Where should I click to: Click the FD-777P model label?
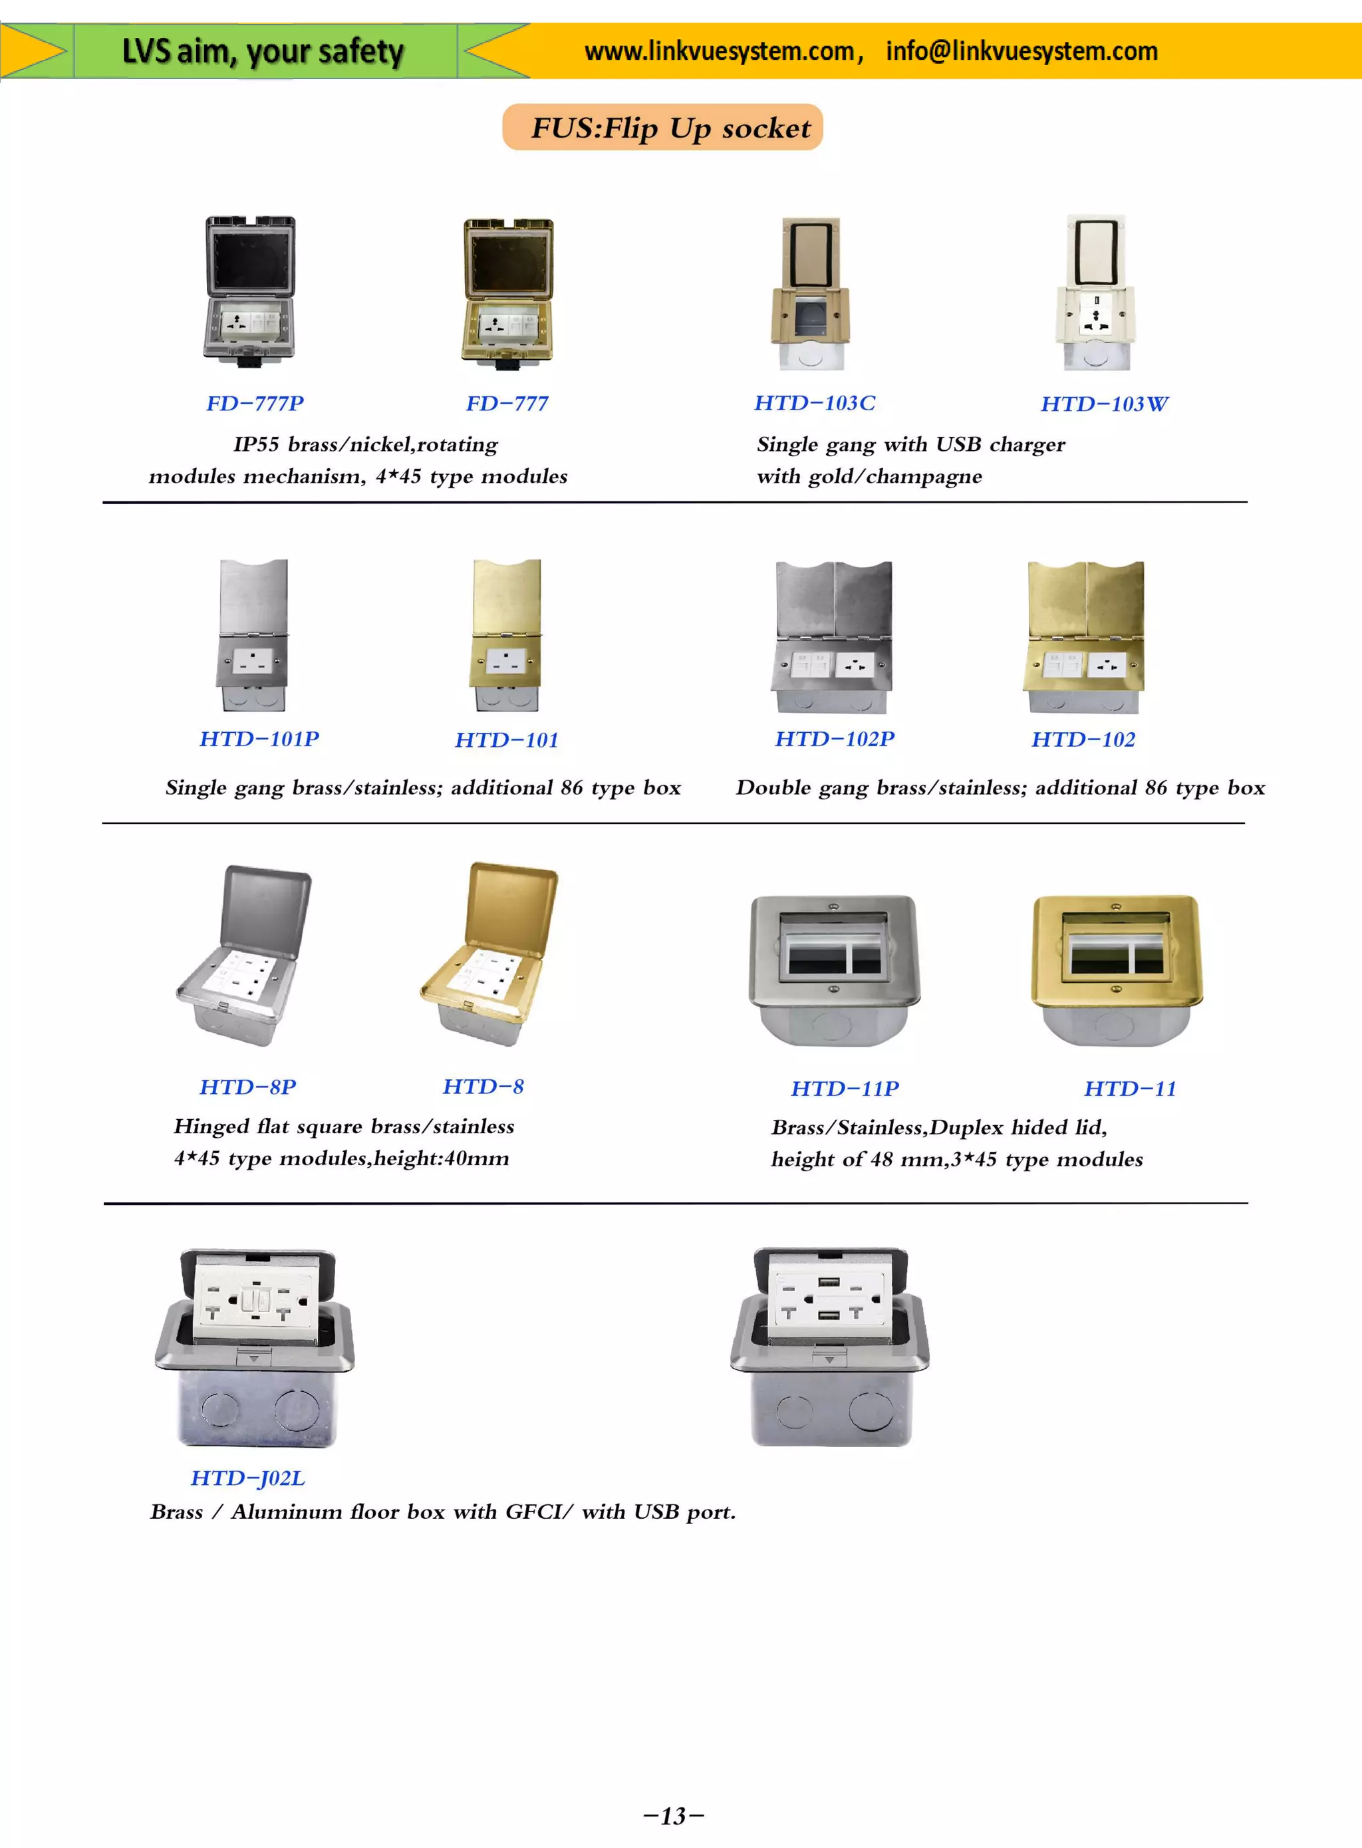[x=255, y=403]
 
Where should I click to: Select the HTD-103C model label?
[x=815, y=402]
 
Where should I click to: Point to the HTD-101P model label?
[x=259, y=739]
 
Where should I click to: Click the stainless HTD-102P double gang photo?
[x=833, y=636]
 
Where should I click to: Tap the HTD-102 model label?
[x=1083, y=739]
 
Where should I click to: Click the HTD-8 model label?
[x=483, y=1087]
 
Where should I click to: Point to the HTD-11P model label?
[x=844, y=1089]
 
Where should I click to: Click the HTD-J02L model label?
[x=247, y=1478]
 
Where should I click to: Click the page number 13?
[x=674, y=1816]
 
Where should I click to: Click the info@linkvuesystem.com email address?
[x=1021, y=51]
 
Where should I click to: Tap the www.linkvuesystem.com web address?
[x=719, y=51]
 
